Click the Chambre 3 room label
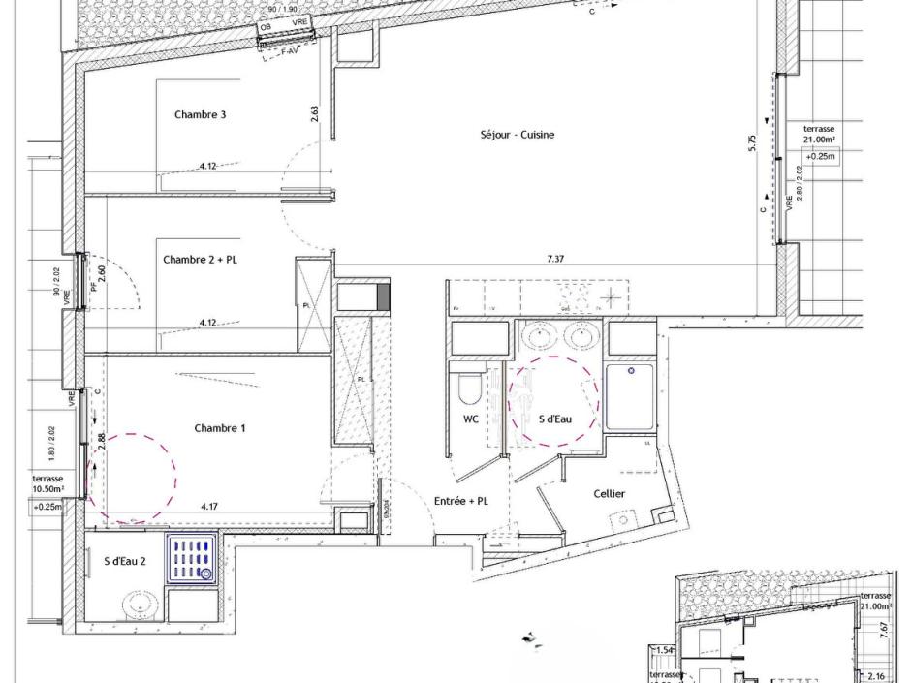[201, 114]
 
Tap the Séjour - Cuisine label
[518, 135]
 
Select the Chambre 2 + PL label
[202, 259]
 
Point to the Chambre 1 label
[220, 428]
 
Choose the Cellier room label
[609, 494]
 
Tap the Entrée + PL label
[461, 502]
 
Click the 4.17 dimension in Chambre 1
[209, 506]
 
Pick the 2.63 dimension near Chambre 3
[315, 114]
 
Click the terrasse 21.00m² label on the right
[819, 134]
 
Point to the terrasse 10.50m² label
[47, 484]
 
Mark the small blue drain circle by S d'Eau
[630, 370]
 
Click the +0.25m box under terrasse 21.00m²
[820, 157]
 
